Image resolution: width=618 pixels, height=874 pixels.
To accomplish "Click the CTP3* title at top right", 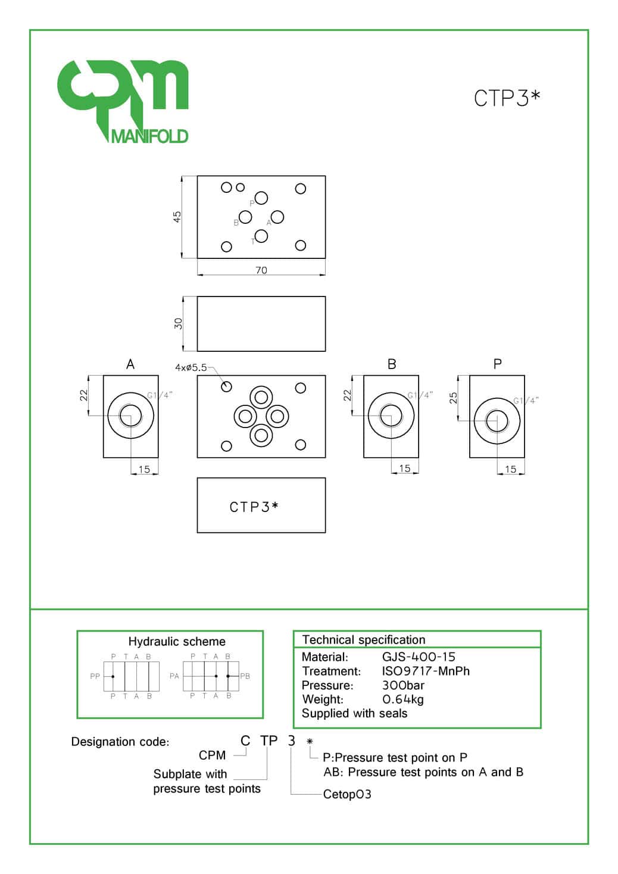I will (x=507, y=98).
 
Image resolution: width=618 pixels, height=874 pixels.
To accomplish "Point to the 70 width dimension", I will (x=261, y=270).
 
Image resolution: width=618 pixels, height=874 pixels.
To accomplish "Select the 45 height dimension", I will (x=177, y=217).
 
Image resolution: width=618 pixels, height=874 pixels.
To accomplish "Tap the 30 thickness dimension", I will (x=178, y=324).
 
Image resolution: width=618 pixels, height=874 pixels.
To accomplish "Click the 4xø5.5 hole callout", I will (x=191, y=368).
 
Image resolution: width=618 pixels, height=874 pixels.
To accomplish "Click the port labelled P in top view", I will (x=261, y=198).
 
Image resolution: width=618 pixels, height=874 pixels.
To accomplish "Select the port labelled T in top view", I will (x=261, y=236).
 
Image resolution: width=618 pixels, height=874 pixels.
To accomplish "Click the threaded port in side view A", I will (x=131, y=415).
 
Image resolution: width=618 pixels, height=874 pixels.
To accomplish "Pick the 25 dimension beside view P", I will (x=453, y=398).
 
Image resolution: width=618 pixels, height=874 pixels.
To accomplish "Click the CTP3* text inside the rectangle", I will (x=254, y=507).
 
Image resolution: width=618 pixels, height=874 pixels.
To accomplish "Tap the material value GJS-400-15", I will (x=419, y=657).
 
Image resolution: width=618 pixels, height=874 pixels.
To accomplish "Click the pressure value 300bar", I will (x=403, y=685).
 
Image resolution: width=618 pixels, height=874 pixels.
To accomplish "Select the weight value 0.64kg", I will (x=403, y=700).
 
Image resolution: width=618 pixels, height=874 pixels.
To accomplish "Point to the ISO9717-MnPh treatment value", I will (x=426, y=671).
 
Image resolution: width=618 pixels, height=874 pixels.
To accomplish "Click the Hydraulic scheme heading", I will (x=177, y=642).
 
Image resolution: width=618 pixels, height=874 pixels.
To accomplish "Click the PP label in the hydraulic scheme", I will (x=95, y=676).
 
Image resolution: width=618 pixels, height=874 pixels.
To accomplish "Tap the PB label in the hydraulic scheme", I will (x=245, y=676).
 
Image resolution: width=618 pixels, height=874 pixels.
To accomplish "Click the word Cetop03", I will (x=347, y=794).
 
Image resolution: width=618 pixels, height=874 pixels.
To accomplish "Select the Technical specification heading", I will (x=364, y=640).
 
